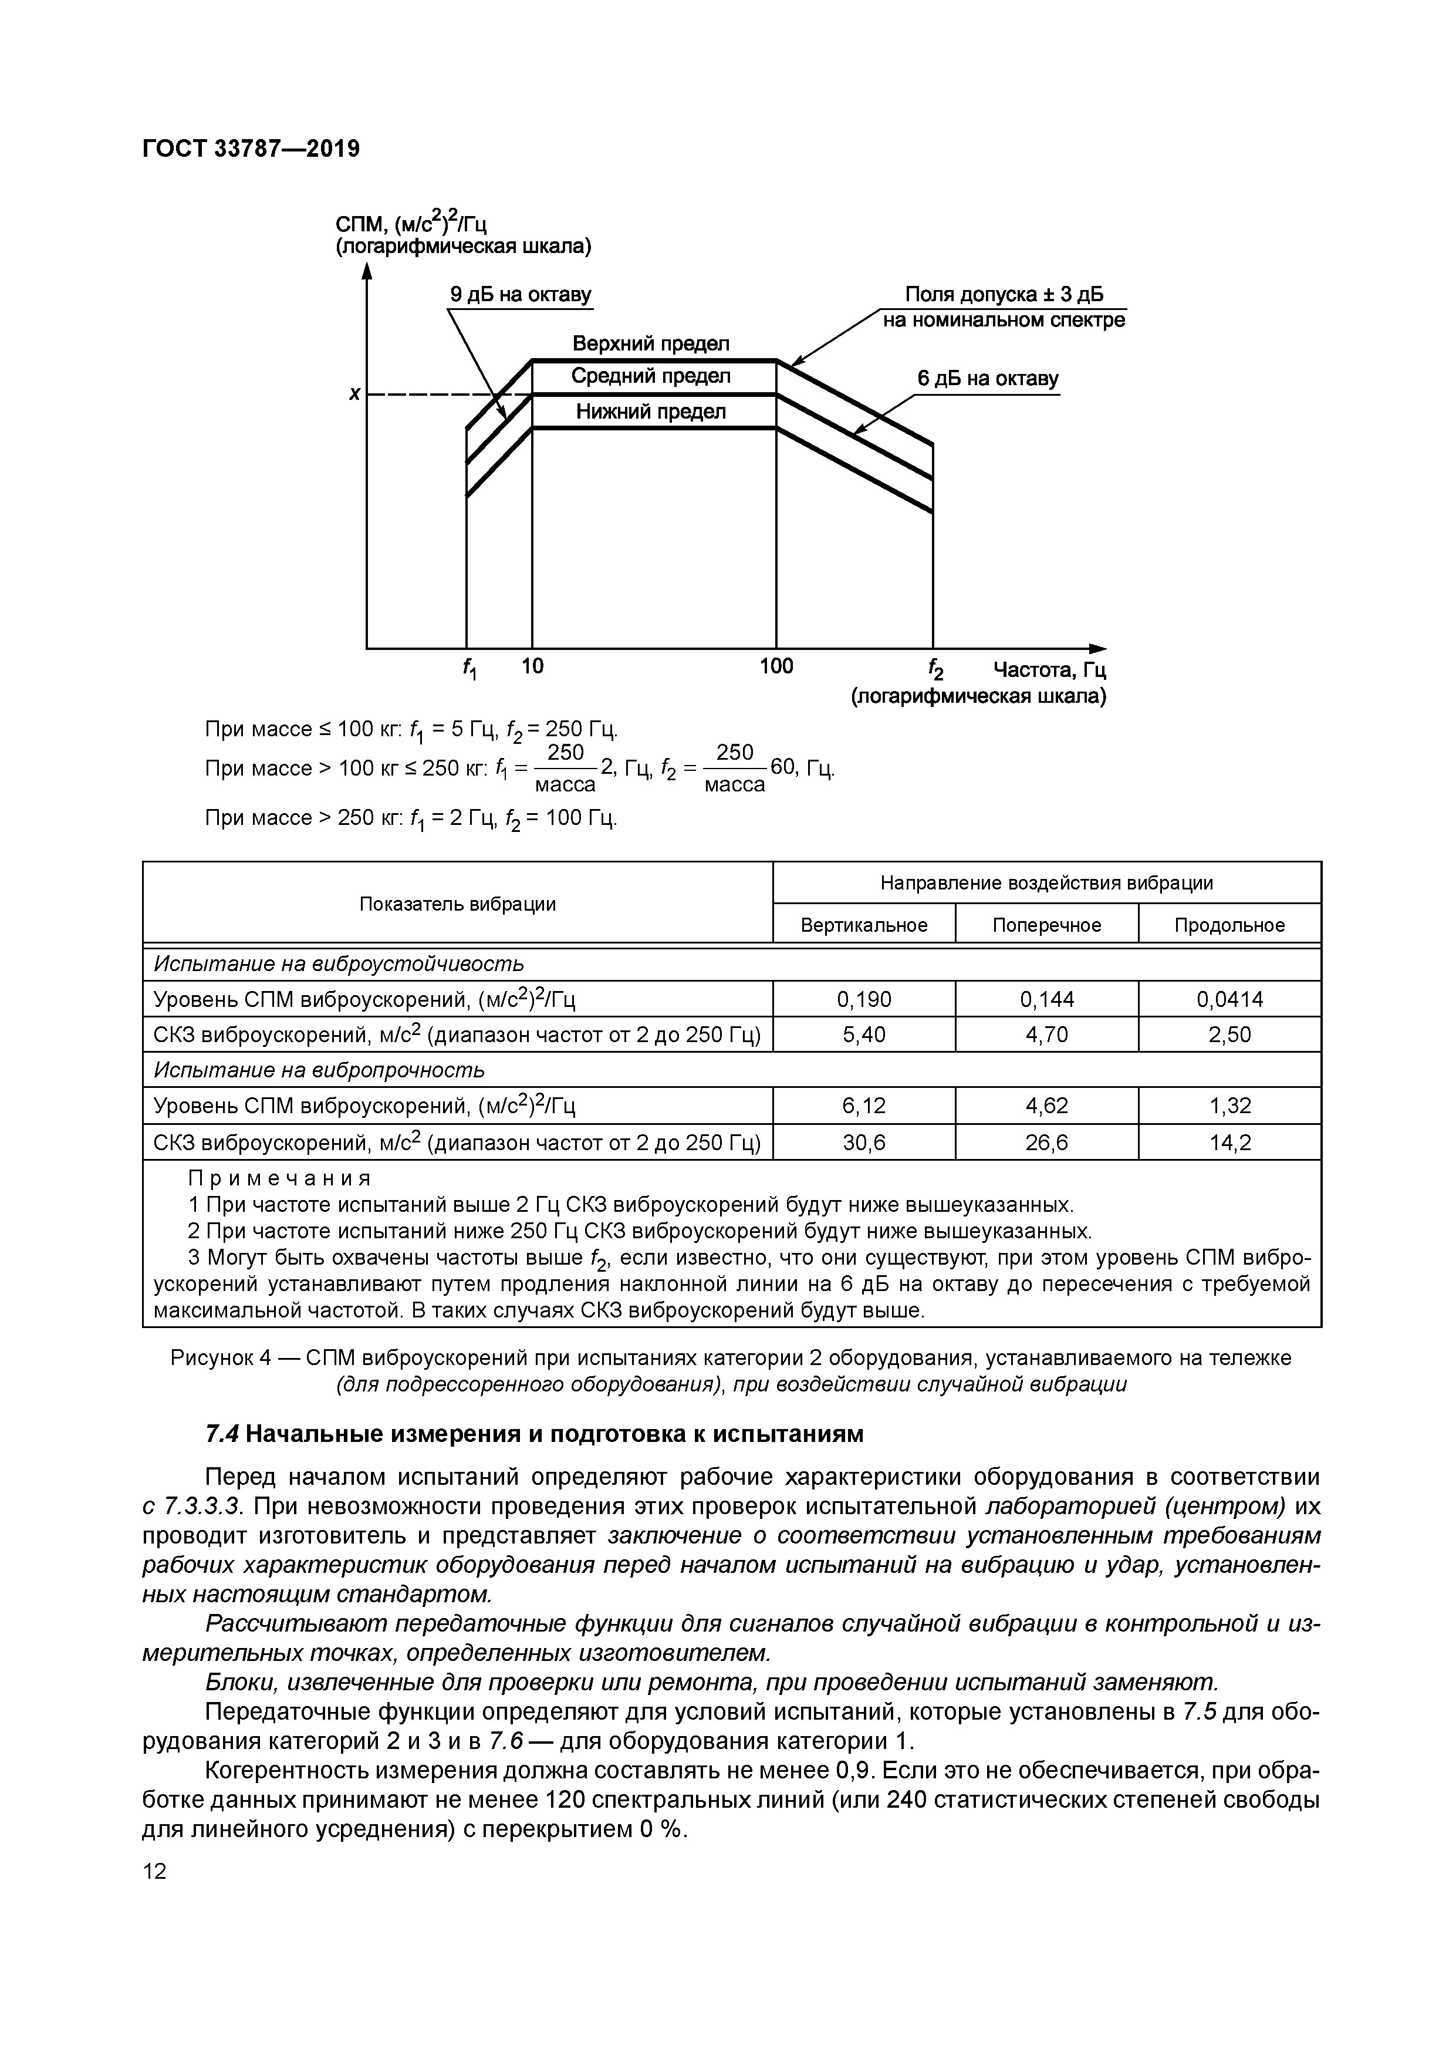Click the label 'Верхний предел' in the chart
pyautogui.click(x=651, y=343)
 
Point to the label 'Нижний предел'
pyautogui.click(x=651, y=412)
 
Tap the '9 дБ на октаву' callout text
pyautogui.click(x=520, y=295)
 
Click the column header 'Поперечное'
pyautogui.click(x=1046, y=925)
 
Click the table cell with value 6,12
pyautogui.click(x=863, y=1106)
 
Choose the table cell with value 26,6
pyautogui.click(x=1046, y=1143)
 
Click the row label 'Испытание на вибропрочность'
pyautogui.click(x=319, y=1070)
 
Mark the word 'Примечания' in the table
pyautogui.click(x=279, y=1178)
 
